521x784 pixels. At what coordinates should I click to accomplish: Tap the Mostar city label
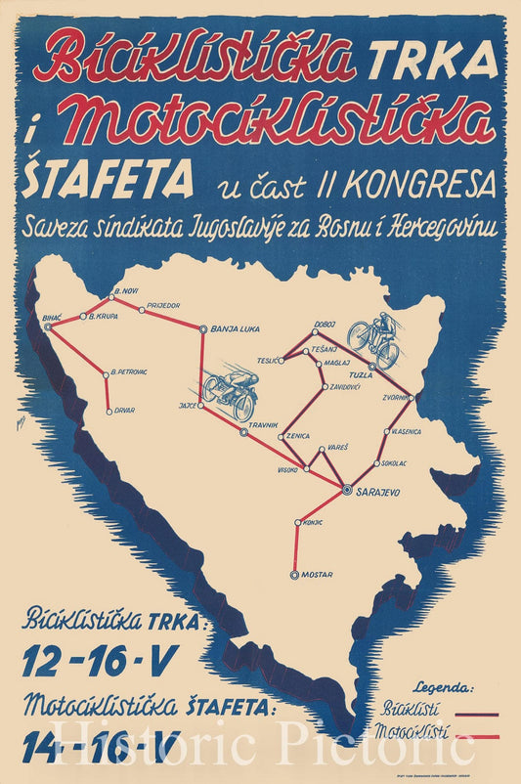pos(316,576)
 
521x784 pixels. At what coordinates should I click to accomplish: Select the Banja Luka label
pos(234,329)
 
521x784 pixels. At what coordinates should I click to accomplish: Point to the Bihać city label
pos(51,319)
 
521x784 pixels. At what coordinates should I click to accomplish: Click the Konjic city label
pos(314,522)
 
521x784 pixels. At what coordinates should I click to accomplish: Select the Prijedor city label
pos(164,306)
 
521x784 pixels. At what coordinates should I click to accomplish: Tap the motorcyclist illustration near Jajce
pos(231,390)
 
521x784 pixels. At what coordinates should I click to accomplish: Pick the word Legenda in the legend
pos(444,687)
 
